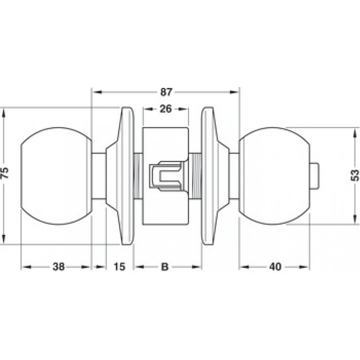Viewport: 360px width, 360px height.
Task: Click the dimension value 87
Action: (166, 92)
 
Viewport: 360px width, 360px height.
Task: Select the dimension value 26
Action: (165, 109)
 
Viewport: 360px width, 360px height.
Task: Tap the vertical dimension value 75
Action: (4, 173)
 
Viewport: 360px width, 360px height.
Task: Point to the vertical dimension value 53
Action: (355, 175)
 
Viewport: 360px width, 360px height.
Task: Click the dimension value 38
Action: (58, 267)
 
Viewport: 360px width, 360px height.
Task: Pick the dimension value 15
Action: (119, 267)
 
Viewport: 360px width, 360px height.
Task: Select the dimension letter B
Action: (165, 267)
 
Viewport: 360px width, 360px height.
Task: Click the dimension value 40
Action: (275, 267)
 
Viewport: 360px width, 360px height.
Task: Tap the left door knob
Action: (56, 176)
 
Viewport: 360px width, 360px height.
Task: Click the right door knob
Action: (274, 176)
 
